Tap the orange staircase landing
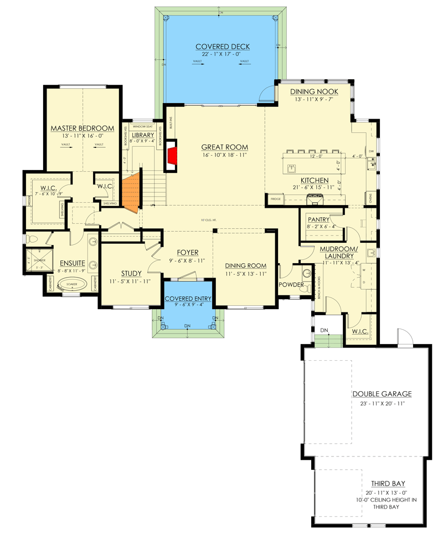point(131,192)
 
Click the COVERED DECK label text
point(220,47)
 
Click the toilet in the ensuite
point(34,239)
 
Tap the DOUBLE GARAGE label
point(382,394)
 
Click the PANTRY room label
point(319,219)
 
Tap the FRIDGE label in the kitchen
point(275,198)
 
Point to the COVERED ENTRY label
point(188,299)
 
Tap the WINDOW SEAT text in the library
point(142,126)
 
